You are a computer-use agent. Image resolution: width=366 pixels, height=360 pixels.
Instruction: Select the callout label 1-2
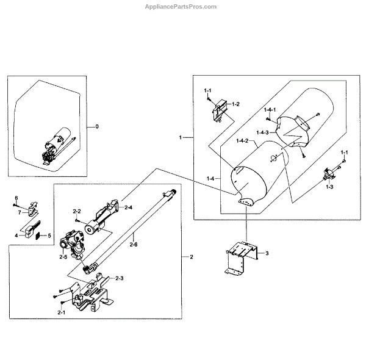(x=235, y=104)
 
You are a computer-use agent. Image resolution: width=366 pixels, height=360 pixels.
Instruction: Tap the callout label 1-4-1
(x=270, y=109)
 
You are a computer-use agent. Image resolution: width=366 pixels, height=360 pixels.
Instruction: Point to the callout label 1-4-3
(x=263, y=132)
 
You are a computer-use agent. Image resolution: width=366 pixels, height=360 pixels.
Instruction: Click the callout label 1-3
(x=329, y=186)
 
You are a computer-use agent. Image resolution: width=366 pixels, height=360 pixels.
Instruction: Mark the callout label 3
(x=266, y=252)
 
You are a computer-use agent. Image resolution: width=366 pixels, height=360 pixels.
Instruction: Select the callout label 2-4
(x=129, y=208)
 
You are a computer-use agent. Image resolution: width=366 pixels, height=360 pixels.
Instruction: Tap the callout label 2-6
(x=134, y=245)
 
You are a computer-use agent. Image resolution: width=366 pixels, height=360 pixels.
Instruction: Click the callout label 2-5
(x=63, y=257)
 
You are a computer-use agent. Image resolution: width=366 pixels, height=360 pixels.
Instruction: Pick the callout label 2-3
(x=120, y=278)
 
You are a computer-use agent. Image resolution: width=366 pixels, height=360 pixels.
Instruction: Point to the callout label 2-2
(x=77, y=211)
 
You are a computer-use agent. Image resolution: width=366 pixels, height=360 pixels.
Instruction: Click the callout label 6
(x=16, y=198)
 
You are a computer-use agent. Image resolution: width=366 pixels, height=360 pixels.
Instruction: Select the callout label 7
(x=20, y=212)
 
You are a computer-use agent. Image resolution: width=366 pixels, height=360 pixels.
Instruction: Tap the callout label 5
(x=50, y=235)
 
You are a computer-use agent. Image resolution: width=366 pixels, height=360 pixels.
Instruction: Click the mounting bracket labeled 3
(x=239, y=256)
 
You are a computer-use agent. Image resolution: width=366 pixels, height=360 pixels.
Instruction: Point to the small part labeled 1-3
(x=329, y=174)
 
